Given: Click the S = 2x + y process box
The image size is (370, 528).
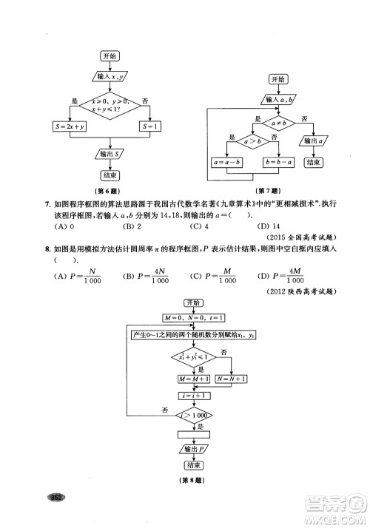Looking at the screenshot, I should (70, 126).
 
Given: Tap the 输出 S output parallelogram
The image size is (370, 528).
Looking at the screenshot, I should (110, 154).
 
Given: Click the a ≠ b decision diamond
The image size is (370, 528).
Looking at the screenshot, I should (279, 121).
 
